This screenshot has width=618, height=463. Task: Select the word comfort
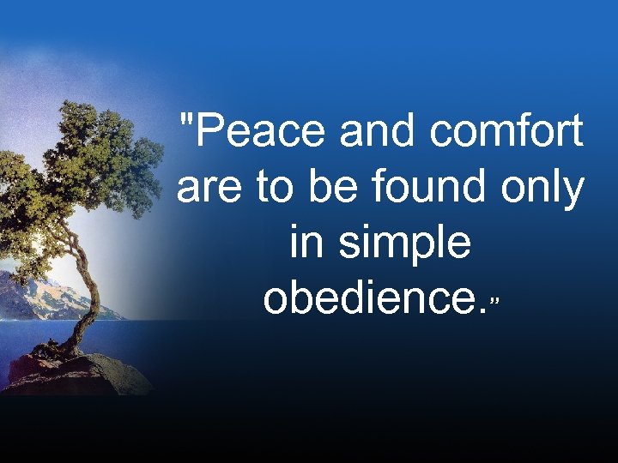coord(506,133)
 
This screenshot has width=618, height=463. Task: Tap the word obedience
coord(370,300)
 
